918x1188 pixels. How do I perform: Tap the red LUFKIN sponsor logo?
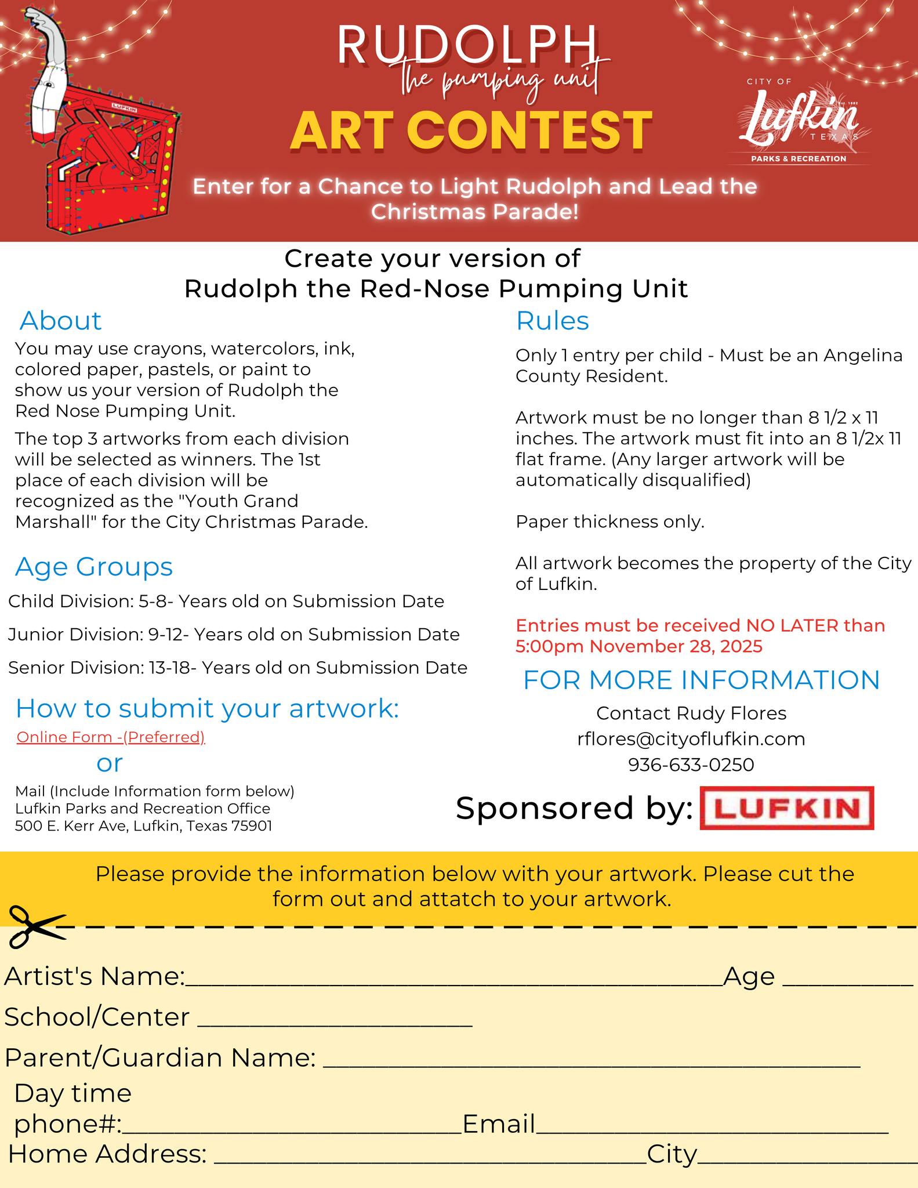coord(786,807)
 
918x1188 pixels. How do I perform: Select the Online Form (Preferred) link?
coord(111,737)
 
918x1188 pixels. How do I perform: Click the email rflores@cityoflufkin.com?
coord(691,738)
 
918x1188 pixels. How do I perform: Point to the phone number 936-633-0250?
coord(691,765)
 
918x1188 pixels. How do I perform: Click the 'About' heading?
coord(60,321)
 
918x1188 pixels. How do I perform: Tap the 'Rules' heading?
coord(552,321)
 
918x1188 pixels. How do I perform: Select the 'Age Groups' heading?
coord(94,567)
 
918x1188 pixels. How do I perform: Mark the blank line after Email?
coord(712,1131)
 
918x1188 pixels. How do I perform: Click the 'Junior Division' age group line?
coord(234,635)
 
